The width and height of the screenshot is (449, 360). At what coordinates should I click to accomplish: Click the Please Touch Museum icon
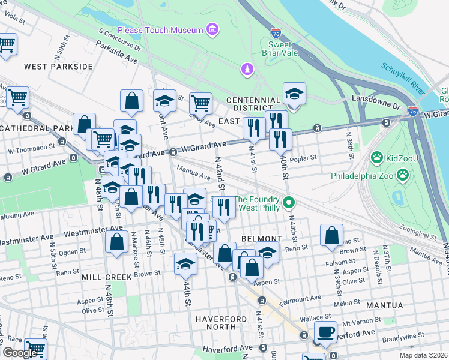click(211, 29)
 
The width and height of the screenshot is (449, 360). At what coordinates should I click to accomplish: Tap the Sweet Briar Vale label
click(280, 49)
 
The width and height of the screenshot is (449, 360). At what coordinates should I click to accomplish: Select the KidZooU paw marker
click(377, 158)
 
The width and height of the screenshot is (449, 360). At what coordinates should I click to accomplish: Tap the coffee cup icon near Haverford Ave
click(326, 332)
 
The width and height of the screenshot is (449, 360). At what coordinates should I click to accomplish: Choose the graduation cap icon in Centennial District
click(294, 94)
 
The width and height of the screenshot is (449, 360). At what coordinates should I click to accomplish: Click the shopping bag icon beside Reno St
click(331, 236)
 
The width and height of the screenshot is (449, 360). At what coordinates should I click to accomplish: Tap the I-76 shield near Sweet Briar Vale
click(276, 34)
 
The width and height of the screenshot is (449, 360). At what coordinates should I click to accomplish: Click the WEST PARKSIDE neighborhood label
click(58, 66)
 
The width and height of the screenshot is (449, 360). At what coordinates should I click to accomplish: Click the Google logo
click(20, 353)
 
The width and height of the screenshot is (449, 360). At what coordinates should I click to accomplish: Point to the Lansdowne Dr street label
click(379, 105)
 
